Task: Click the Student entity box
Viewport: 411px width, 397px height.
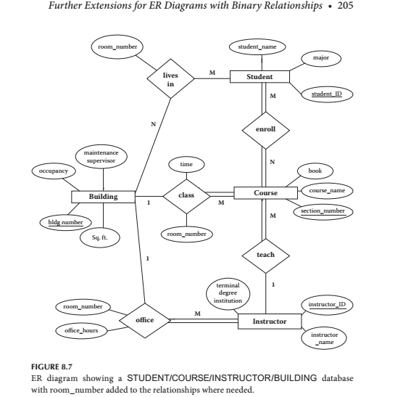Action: pyautogui.click(x=260, y=76)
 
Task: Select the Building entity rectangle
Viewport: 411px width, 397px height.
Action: pyautogui.click(x=104, y=197)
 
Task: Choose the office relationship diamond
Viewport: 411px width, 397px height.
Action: pyautogui.click(x=145, y=320)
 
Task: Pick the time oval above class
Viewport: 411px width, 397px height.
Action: pyautogui.click(x=186, y=165)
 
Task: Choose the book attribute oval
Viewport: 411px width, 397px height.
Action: pyautogui.click(x=315, y=171)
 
